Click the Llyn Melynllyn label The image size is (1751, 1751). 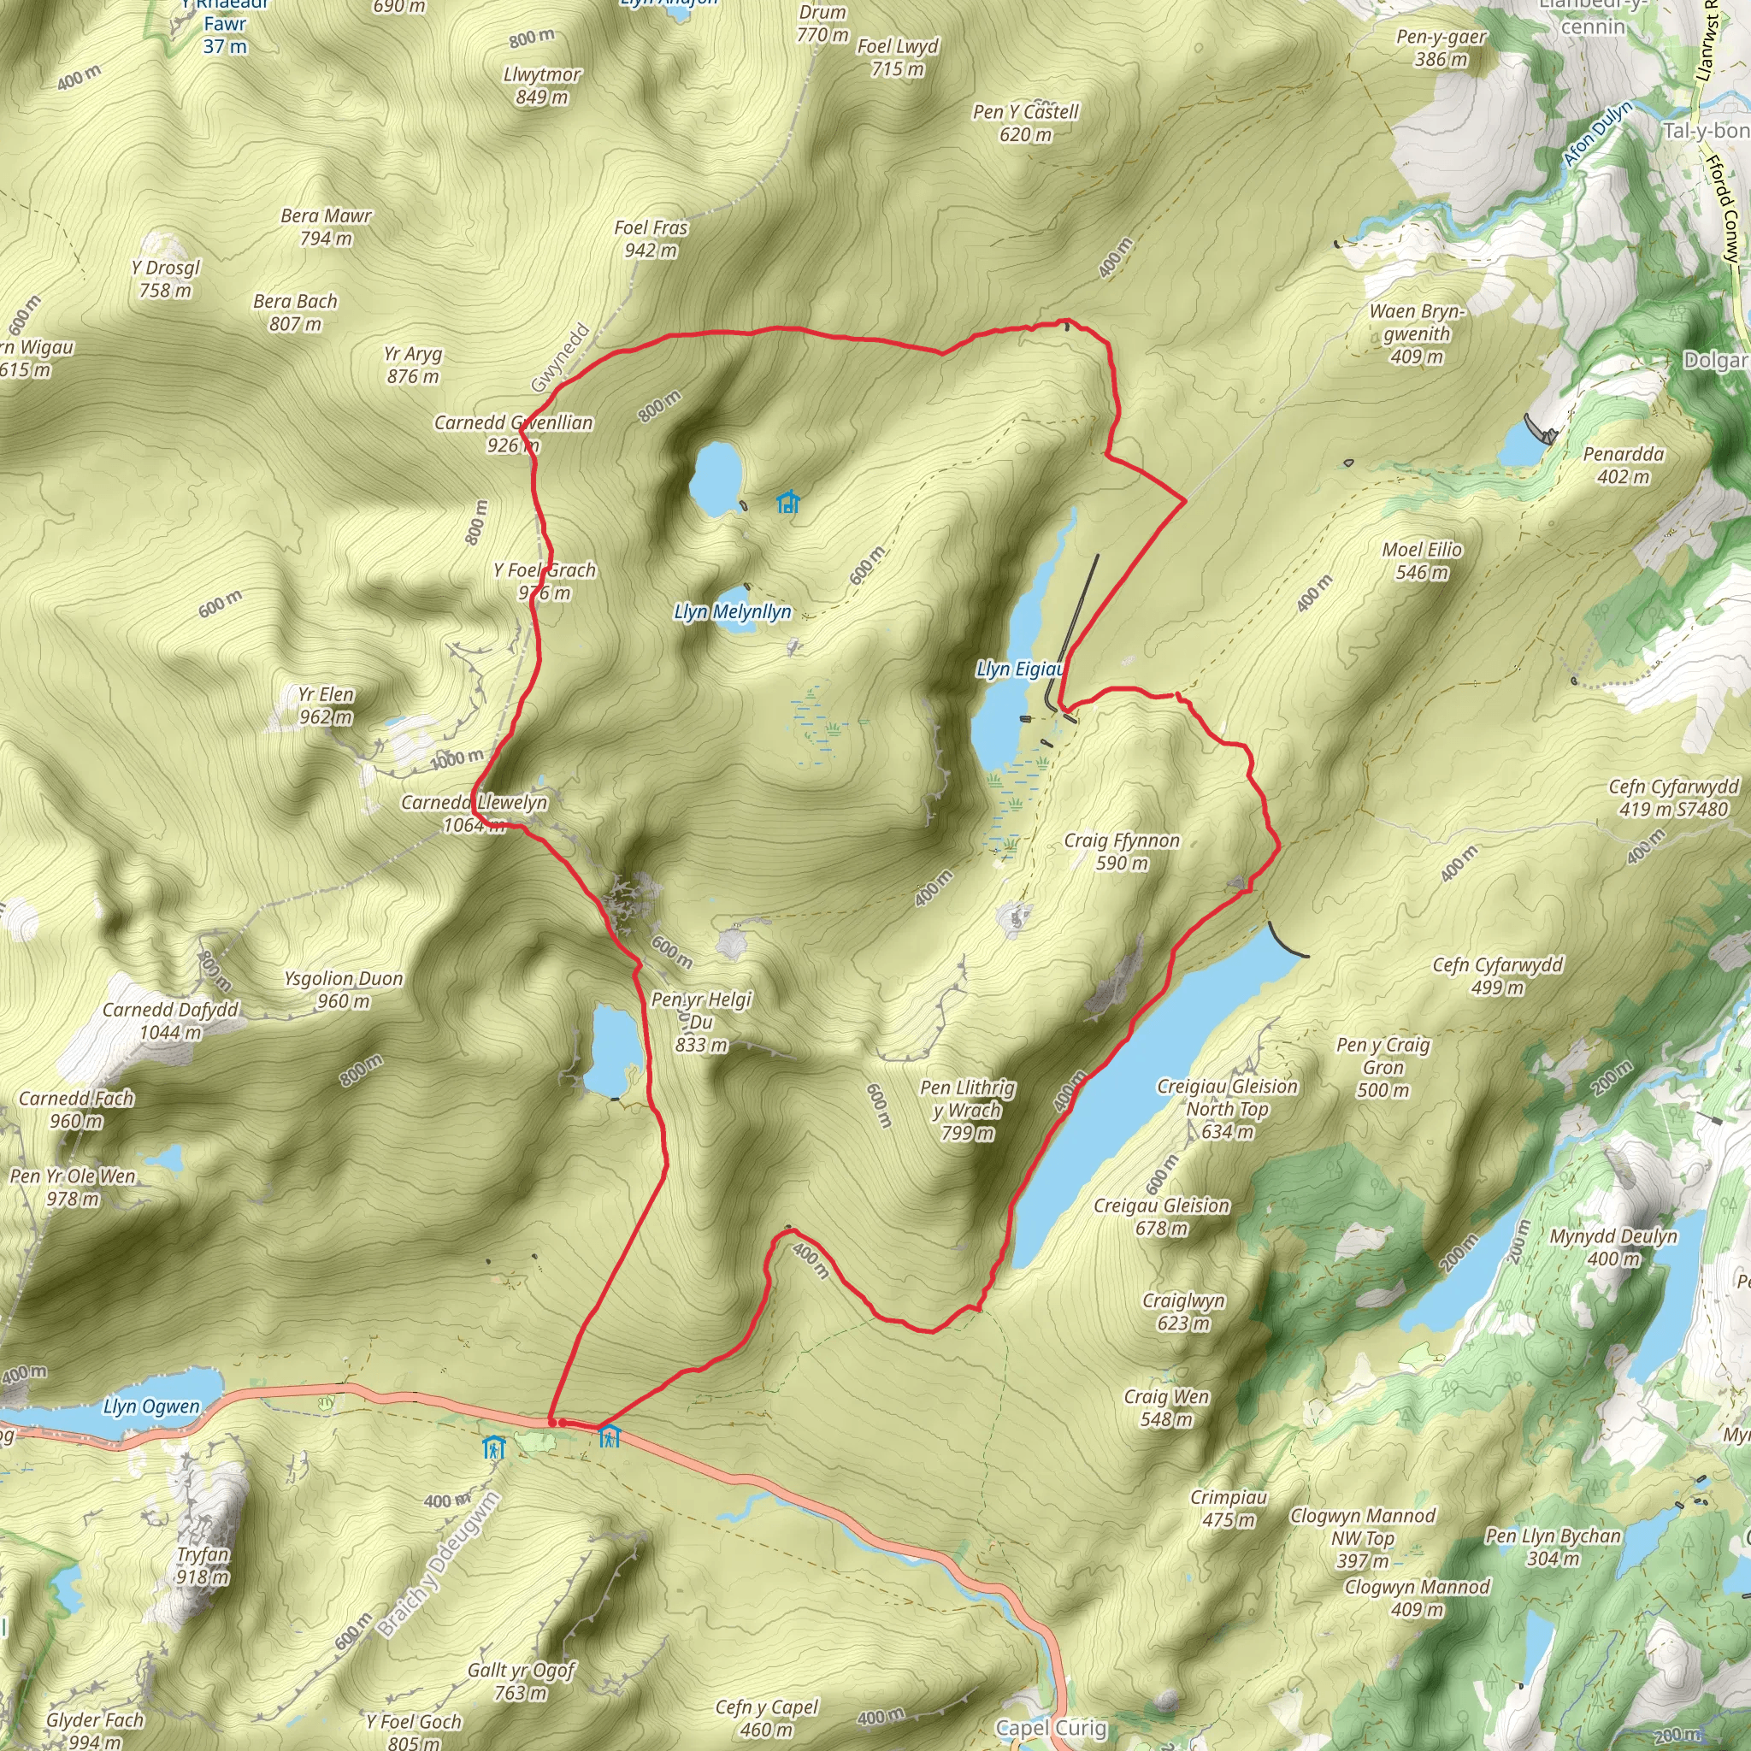tap(733, 612)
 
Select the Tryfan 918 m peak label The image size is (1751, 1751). tap(202, 1565)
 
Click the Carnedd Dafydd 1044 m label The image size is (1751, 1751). tap(169, 1021)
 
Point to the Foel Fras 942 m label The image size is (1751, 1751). tap(650, 239)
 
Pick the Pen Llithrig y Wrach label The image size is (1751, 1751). tap(967, 1111)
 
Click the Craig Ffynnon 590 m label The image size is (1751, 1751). tap(1121, 851)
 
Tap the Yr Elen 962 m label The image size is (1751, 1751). tap(326, 705)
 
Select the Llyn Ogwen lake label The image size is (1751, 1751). tap(150, 1406)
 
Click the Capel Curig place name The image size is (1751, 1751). tap(1051, 1728)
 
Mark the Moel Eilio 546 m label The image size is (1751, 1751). tap(1421, 560)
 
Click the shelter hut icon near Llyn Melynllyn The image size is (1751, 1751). tap(787, 501)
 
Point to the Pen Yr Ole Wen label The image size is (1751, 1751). tap(73, 1188)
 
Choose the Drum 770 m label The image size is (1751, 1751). tap(822, 24)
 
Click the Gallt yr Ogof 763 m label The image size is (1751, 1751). tap(522, 1681)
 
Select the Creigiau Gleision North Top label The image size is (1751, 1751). tap(1227, 1108)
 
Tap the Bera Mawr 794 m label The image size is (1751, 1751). tap(326, 227)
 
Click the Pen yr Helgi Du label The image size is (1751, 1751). tap(701, 1022)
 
